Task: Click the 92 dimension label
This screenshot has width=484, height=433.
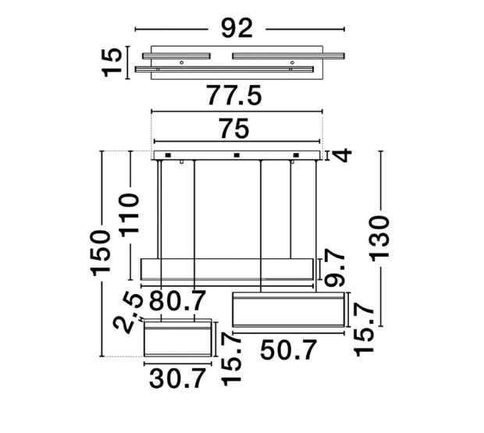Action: (237, 28)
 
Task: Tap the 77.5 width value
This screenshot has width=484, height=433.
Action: (233, 96)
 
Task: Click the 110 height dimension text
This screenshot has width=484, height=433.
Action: (129, 216)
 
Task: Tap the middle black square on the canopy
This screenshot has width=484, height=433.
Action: (236, 155)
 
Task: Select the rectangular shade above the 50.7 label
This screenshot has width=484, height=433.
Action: (288, 311)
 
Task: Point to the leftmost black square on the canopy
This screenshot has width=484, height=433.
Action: (167, 155)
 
